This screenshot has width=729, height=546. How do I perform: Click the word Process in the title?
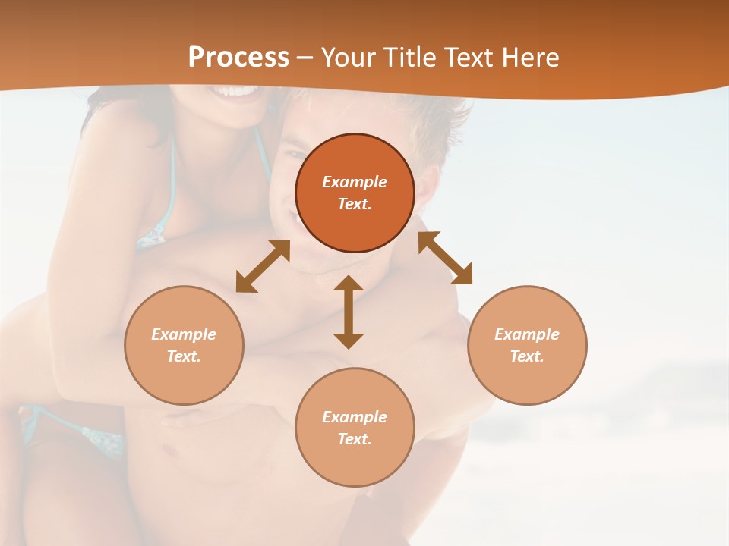point(238,58)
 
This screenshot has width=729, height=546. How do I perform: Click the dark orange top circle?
point(355,193)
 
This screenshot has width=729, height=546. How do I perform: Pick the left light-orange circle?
point(184,345)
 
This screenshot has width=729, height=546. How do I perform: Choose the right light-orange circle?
point(527,345)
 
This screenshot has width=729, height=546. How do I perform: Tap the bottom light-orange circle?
point(355,427)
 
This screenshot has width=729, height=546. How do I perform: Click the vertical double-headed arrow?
point(349,312)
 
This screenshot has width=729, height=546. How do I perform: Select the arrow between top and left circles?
point(263,266)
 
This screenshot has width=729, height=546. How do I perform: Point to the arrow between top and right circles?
point(446,258)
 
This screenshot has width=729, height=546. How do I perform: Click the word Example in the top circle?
point(355,182)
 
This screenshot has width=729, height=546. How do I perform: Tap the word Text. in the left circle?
point(184,356)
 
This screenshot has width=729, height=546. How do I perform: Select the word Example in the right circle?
point(527,334)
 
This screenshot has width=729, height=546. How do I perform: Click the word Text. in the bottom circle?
point(355,439)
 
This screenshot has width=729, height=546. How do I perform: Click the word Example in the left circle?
point(184,334)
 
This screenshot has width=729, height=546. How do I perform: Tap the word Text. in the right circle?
point(527,356)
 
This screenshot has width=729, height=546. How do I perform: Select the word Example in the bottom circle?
point(355,417)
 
